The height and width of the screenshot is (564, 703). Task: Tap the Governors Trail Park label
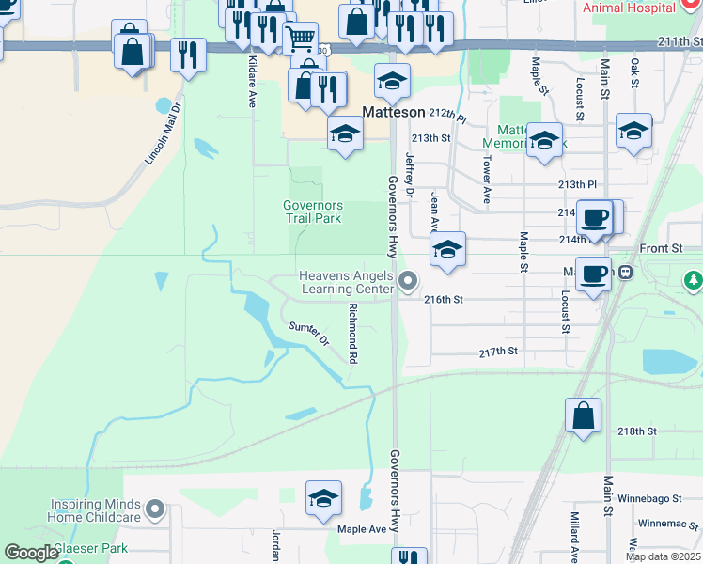[314, 211]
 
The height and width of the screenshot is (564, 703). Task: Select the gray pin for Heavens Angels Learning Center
[408, 281]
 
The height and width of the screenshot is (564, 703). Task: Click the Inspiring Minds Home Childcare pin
[155, 510]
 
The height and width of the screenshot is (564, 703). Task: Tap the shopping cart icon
[300, 39]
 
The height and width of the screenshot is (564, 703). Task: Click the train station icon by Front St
[625, 273]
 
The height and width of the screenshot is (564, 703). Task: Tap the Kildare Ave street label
[252, 81]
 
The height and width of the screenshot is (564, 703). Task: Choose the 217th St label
[498, 352]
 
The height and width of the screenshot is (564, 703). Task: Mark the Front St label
[661, 248]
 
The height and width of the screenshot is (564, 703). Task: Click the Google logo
[31, 553]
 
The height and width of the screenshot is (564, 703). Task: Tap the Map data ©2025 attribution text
[663, 556]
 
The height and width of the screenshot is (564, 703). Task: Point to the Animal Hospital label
[629, 8]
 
